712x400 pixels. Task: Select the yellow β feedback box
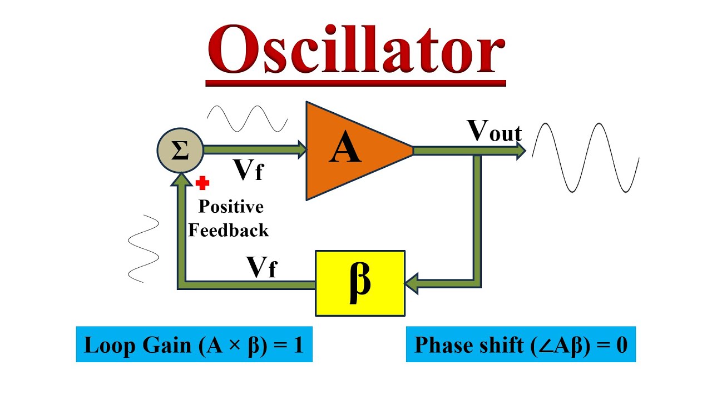coord(360,283)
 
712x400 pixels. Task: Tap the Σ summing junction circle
coord(180,151)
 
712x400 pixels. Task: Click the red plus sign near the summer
coord(202,183)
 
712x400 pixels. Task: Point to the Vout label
coord(495,132)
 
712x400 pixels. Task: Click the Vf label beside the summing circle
coord(248,171)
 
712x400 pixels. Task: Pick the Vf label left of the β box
coord(262,268)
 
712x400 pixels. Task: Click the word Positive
coord(231,207)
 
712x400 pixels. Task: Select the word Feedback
coord(229,230)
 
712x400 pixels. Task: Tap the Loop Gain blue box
coord(194,346)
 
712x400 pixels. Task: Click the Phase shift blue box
coord(521,346)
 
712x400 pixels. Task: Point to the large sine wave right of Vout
coord(585,157)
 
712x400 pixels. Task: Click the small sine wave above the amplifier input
coord(247,118)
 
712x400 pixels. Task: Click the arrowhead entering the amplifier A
coord(303,149)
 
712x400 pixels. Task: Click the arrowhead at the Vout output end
coord(521,150)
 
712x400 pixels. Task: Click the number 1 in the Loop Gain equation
coord(298,346)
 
